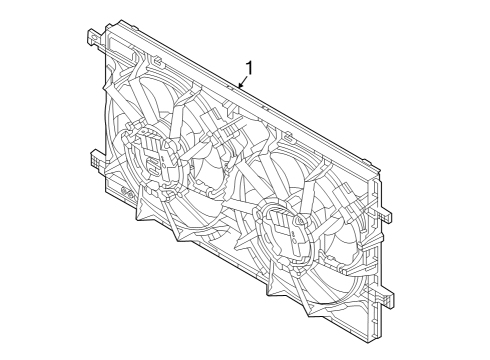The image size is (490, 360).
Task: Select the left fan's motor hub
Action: coord(150,156)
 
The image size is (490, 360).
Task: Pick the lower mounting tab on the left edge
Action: coord(95,159)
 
